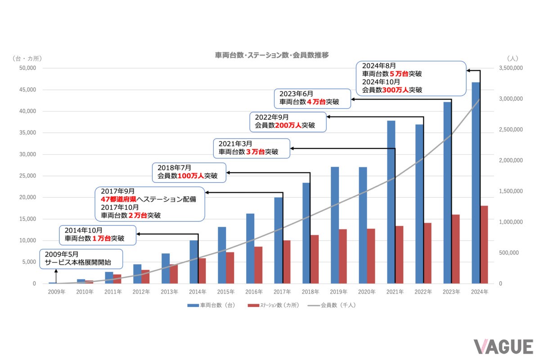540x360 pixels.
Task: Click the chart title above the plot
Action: [272, 55]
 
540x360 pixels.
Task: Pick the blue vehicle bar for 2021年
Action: [391, 202]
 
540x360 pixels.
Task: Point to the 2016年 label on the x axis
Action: [254, 292]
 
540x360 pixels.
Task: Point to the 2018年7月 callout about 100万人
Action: [189, 172]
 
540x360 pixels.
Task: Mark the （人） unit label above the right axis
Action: [513, 58]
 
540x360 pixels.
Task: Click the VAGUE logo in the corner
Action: [503, 346]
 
